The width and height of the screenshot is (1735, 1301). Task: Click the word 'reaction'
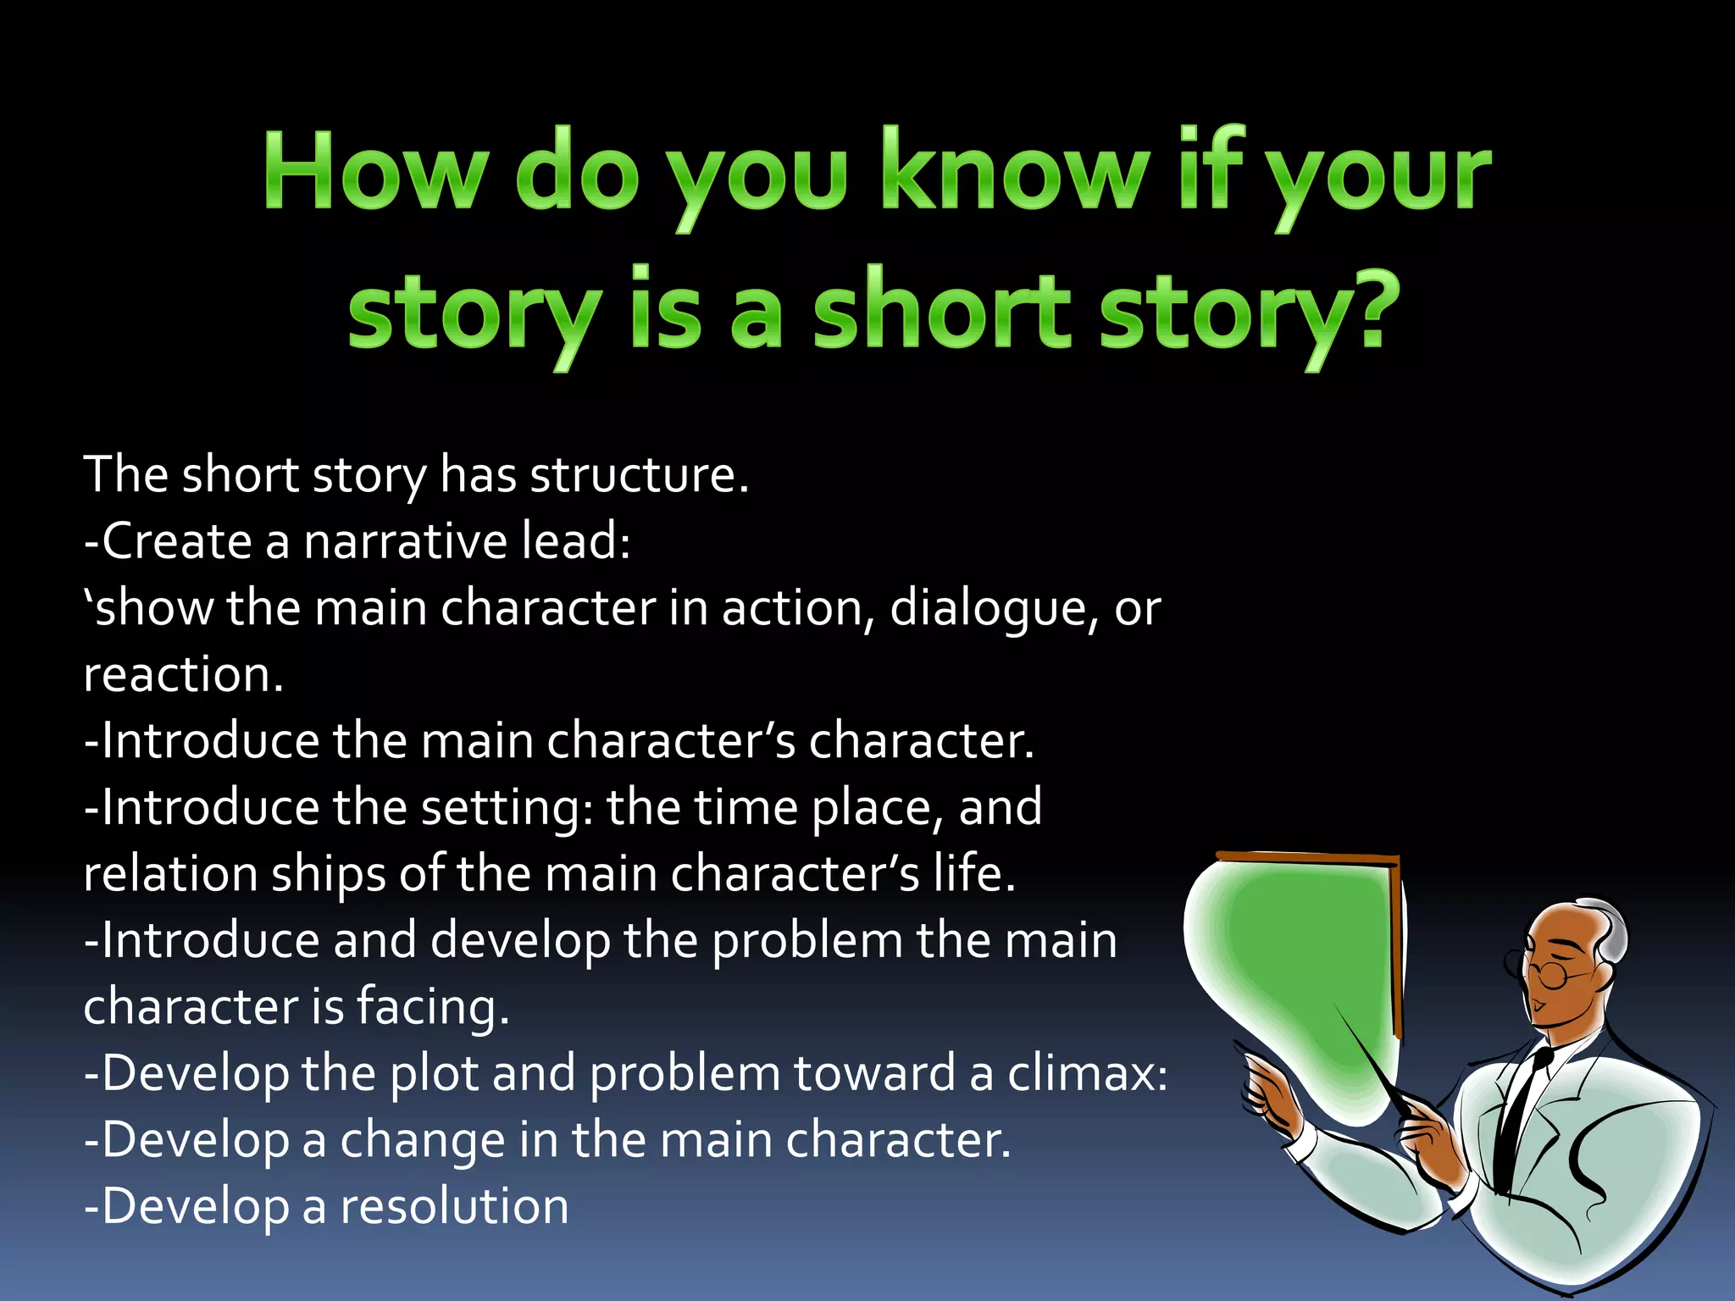tap(182, 676)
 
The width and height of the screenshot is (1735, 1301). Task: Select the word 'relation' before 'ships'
tap(170, 874)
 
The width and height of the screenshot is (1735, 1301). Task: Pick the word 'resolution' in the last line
tap(454, 1207)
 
